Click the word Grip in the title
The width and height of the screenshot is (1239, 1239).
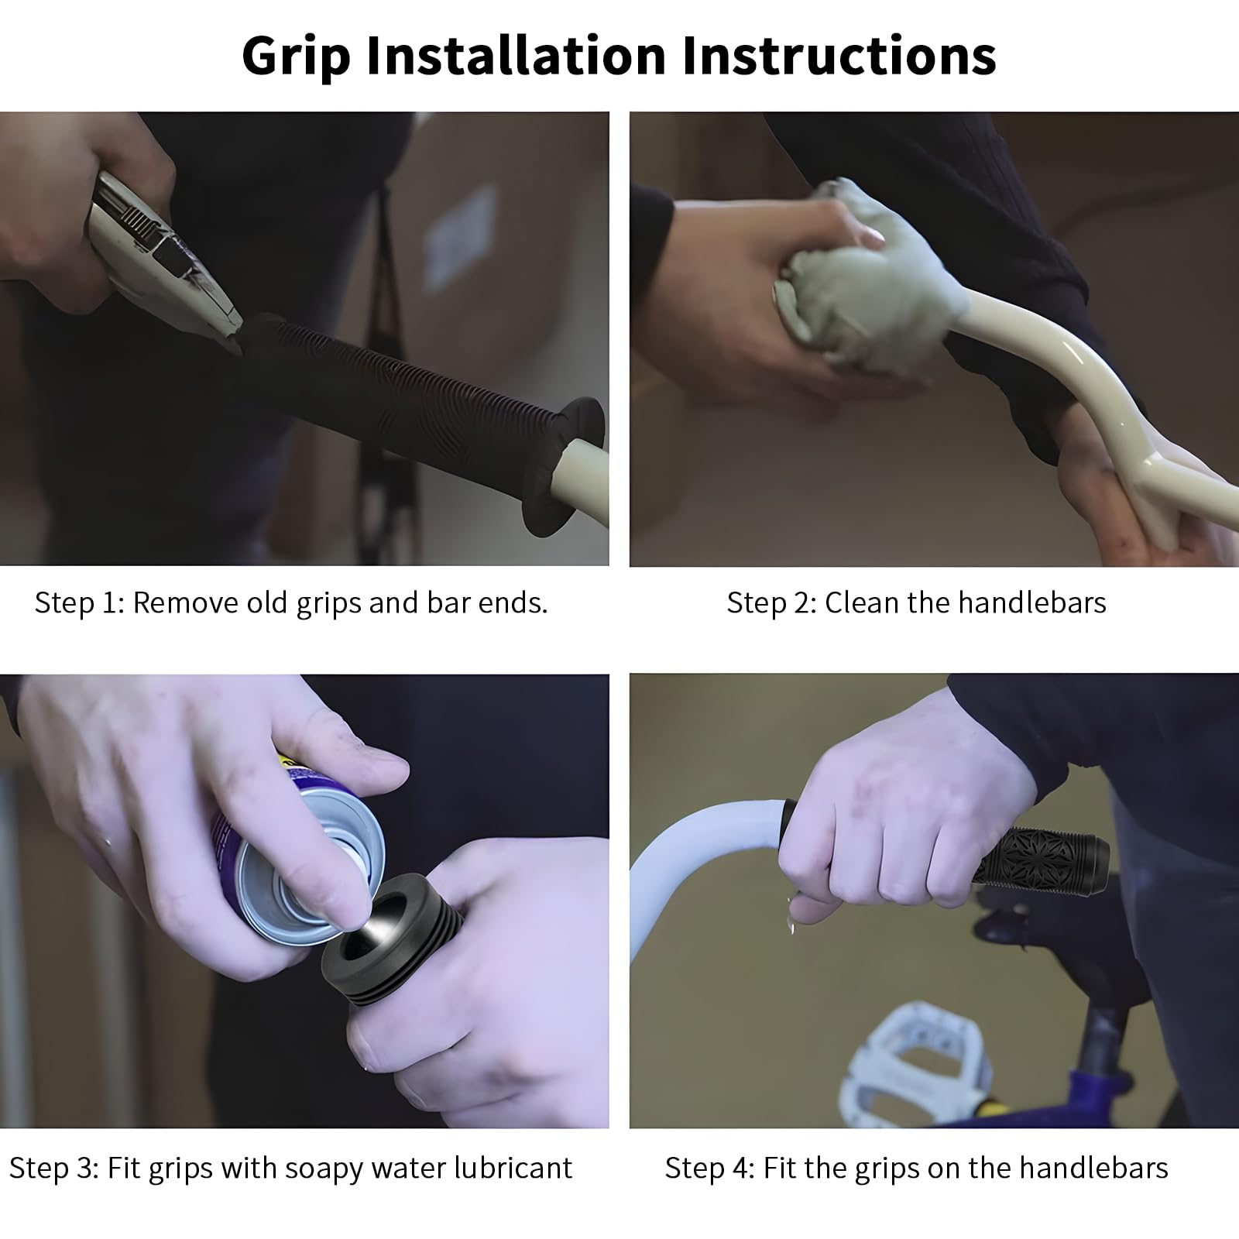297,56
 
